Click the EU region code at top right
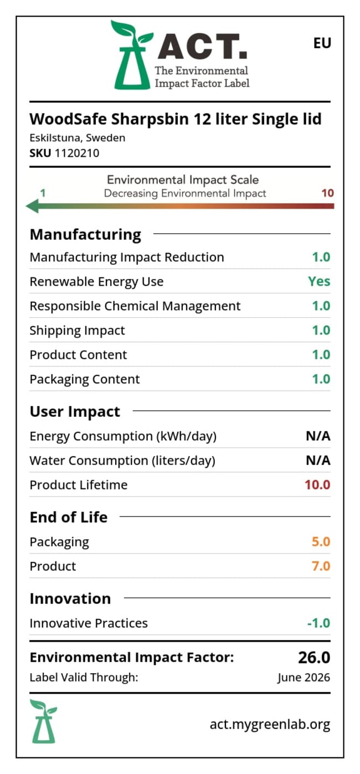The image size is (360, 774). click(322, 43)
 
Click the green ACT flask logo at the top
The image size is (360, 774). click(132, 55)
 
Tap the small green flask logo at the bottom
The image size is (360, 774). click(43, 721)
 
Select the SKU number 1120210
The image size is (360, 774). click(76, 153)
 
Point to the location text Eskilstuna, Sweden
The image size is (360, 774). click(77, 138)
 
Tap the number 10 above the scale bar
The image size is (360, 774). click(328, 193)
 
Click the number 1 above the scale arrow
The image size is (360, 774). click(43, 193)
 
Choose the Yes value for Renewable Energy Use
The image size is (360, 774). click(319, 281)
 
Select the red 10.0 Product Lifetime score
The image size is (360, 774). click(317, 485)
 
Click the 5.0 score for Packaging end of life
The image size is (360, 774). click(321, 541)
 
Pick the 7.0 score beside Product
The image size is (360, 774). click(321, 566)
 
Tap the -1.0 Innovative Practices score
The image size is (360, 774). click(318, 623)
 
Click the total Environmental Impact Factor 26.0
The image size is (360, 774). click(314, 657)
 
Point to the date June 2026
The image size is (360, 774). click(304, 677)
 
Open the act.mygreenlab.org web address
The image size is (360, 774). click(270, 724)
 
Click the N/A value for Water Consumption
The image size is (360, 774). click(318, 461)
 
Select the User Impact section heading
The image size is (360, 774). click(75, 411)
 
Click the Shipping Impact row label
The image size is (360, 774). click(77, 331)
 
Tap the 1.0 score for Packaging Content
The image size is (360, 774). click(321, 379)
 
